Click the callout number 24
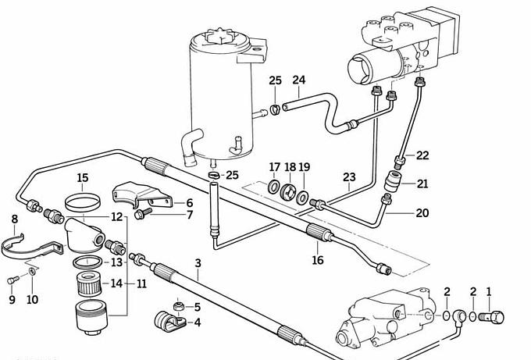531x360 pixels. [x=299, y=80]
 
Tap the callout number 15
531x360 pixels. [x=82, y=177]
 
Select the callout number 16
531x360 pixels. [x=317, y=260]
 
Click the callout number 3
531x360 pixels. [x=198, y=263]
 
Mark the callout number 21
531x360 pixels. [x=422, y=184]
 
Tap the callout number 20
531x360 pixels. [x=422, y=212]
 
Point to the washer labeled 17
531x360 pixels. [x=273, y=187]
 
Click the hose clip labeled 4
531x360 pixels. [x=166, y=320]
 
